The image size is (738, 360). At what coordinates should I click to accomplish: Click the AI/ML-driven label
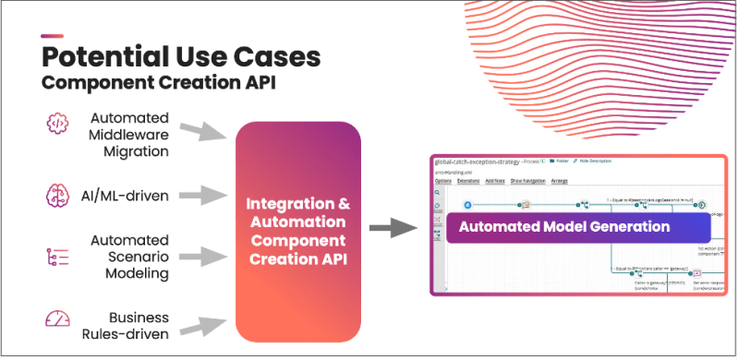point(130,195)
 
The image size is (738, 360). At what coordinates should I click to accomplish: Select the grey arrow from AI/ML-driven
point(204,195)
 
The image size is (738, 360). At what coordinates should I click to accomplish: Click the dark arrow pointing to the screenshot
point(393,226)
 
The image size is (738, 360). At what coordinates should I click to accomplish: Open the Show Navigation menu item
point(530,181)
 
